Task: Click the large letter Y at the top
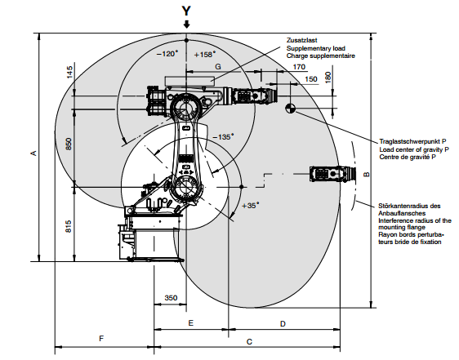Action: coord(186,11)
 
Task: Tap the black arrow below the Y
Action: coord(186,24)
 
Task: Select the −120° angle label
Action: coord(167,54)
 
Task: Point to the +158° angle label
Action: coord(205,55)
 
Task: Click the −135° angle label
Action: coord(223,136)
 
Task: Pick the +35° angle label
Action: coord(251,206)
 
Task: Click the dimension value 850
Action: coord(69,144)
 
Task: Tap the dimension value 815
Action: coord(68,227)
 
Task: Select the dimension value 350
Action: coord(171,298)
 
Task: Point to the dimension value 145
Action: coord(69,72)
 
